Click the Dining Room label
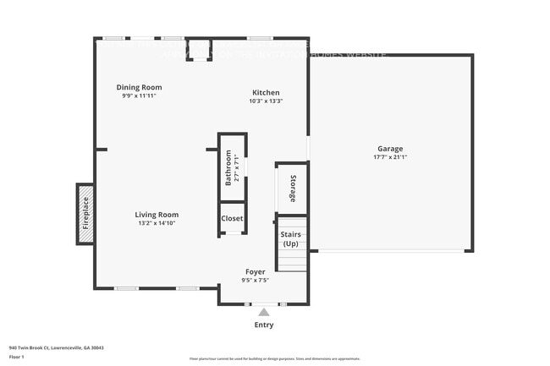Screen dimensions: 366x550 tap(139, 87)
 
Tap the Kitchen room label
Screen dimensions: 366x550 tap(266, 92)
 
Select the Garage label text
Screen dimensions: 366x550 tap(390, 148)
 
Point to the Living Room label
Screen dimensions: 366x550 tap(157, 215)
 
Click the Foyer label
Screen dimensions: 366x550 tap(256, 271)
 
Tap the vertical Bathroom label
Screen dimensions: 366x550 tap(228, 168)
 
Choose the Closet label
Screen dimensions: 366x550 tap(233, 218)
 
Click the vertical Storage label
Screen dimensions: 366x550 tap(293, 188)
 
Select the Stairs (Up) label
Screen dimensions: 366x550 tap(291, 238)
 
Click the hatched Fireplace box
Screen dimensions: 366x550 tap(85, 214)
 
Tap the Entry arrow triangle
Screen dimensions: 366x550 tap(264, 313)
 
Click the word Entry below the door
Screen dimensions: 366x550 tap(264, 325)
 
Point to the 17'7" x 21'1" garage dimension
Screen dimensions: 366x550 tap(390, 157)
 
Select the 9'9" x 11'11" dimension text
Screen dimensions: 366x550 tap(139, 96)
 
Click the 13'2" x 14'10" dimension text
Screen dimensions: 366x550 tap(157, 223)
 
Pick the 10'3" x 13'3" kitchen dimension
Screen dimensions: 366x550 tap(266, 101)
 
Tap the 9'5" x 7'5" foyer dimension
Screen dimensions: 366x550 tap(256, 280)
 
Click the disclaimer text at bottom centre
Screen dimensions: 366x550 tap(275, 359)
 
